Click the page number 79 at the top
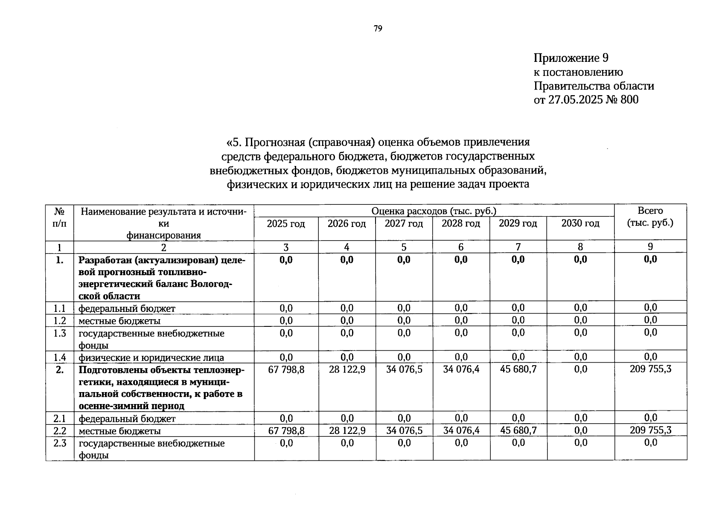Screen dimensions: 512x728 378,29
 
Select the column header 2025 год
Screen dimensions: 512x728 286,224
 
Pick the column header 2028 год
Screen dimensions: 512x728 460,224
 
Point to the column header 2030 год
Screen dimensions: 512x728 580,223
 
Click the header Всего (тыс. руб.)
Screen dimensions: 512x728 650,217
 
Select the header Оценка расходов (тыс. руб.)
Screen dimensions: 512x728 434,211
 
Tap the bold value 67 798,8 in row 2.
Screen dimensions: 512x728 286,369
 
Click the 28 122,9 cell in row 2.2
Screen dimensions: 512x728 347,431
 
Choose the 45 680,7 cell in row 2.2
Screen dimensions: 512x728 518,431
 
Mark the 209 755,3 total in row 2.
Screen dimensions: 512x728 650,369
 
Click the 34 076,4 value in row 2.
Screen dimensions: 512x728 461,369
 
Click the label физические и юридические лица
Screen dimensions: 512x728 151,358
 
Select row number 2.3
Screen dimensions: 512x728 60,443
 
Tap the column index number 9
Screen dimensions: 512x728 650,247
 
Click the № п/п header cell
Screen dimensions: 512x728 60,217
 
